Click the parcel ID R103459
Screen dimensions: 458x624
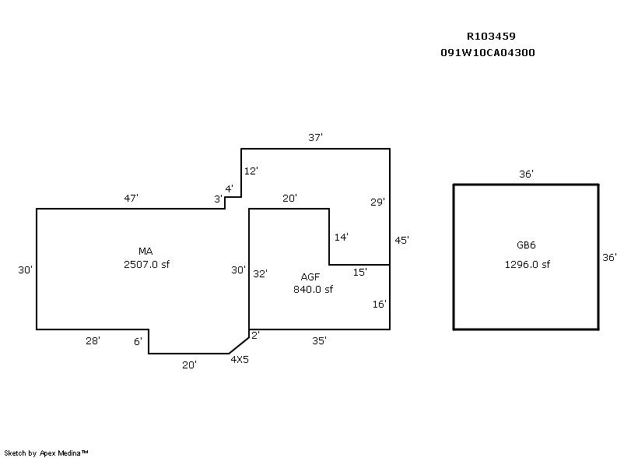(491, 36)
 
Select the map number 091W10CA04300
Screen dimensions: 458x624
(487, 53)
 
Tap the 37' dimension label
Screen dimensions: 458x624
(315, 137)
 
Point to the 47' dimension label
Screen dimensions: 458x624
(131, 198)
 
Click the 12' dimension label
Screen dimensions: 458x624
(251, 171)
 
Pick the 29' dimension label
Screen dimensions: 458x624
(377, 202)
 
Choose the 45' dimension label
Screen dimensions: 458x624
(401, 241)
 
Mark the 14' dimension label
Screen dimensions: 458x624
(341, 237)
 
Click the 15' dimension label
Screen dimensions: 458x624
(360, 272)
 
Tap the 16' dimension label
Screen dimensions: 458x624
(379, 305)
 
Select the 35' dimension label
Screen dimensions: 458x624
(319, 340)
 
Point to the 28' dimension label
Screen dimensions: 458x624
(93, 340)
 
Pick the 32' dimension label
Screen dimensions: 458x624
(260, 273)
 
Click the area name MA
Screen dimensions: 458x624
(145, 251)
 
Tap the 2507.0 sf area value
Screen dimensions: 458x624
(145, 264)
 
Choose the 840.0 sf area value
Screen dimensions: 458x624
(313, 290)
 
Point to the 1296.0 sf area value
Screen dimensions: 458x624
(527, 264)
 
